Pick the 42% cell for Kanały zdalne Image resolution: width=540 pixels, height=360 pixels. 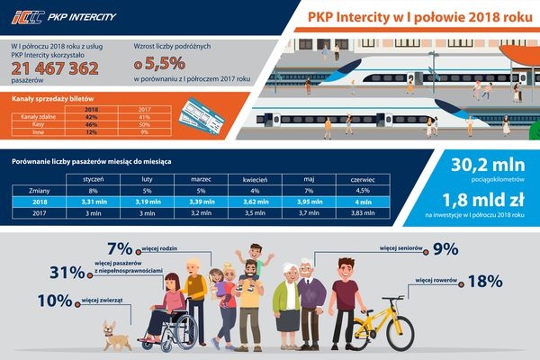click(90, 117)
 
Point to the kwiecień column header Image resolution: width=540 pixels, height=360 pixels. click(256, 180)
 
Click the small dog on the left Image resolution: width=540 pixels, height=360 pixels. click(114, 333)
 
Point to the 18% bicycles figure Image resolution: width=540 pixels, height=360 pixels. click(484, 282)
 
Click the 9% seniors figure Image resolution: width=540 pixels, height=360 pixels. click(445, 249)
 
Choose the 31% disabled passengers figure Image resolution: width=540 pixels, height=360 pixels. click(65, 273)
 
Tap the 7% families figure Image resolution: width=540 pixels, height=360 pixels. click(120, 249)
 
